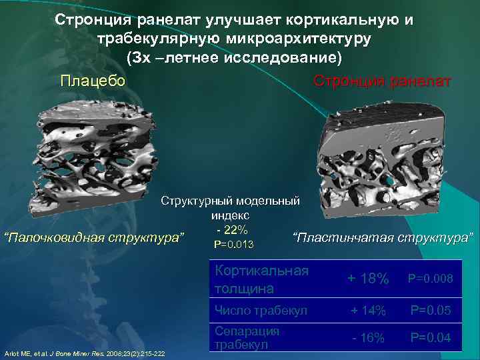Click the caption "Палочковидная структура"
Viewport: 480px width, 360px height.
pos(93,237)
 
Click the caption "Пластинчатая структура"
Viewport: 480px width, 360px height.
pos(383,237)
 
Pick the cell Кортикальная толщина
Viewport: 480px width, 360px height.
pos(261,279)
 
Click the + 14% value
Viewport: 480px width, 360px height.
pos(369,309)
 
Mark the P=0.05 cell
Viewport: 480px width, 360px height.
pos(431,309)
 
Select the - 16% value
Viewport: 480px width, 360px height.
pos(369,338)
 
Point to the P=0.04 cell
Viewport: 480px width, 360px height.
pos(431,338)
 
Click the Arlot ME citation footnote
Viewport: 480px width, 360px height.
pos(85,353)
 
